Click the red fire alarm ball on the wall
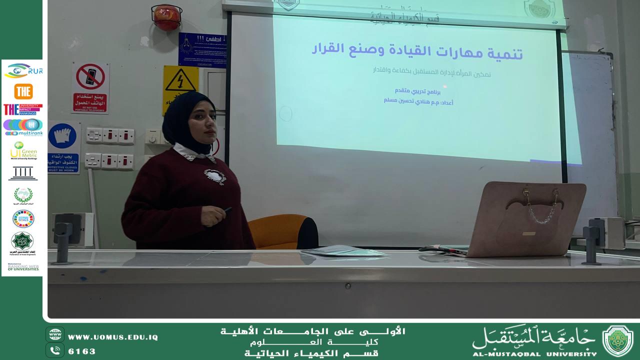click(166, 17)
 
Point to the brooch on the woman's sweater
click(215, 176)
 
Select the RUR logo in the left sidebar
click(23, 71)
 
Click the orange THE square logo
click(23, 91)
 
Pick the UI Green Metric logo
click(23, 150)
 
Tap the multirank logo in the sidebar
click(23, 127)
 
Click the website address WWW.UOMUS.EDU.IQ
click(113, 337)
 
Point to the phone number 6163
click(81, 351)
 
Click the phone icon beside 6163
click(55, 350)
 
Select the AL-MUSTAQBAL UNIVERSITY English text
click(534, 353)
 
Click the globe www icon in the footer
click(55, 334)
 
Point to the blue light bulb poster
click(202, 49)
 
